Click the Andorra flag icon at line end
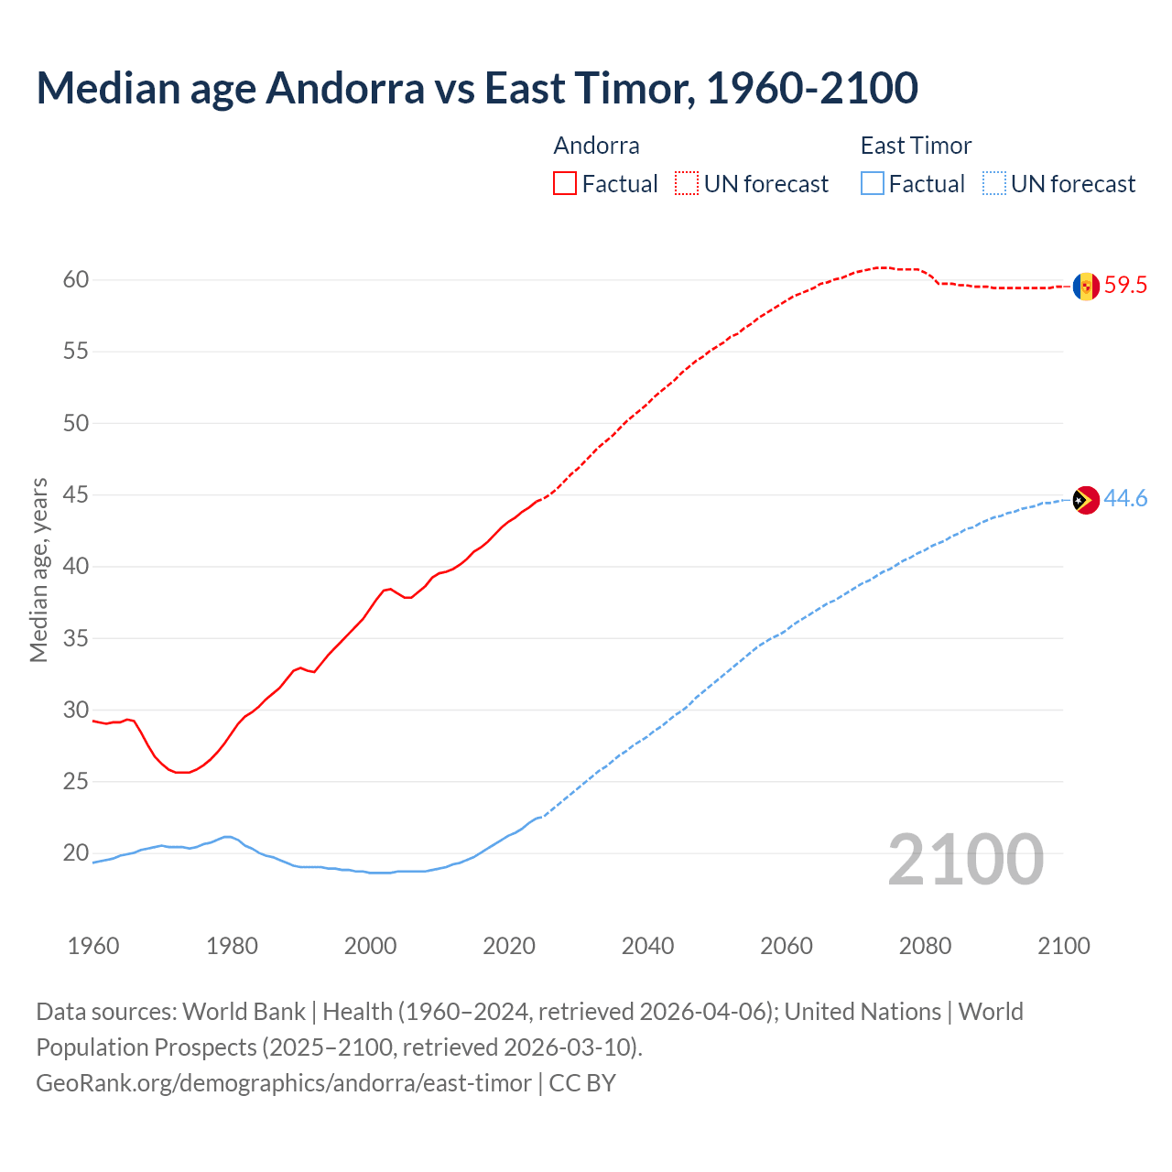click(x=1086, y=286)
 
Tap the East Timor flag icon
click(x=1086, y=500)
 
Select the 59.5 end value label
click(x=1125, y=286)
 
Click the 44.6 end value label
click(x=1125, y=499)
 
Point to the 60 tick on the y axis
click(x=76, y=280)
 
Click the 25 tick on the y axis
click(x=76, y=782)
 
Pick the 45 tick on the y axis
click(x=76, y=495)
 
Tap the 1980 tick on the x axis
click(x=232, y=946)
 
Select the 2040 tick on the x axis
click(x=647, y=946)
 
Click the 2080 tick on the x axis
click(x=925, y=946)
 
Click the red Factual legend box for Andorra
click(x=565, y=184)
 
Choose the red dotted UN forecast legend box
click(x=687, y=184)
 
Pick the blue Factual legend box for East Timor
click(x=873, y=184)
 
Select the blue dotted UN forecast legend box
click(x=993, y=184)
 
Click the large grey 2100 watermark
click(x=966, y=860)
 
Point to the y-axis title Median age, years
click(x=38, y=570)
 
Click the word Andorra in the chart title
click(x=345, y=89)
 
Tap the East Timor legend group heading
click(x=916, y=146)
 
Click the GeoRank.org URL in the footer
click(x=284, y=1083)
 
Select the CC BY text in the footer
click(x=582, y=1083)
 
